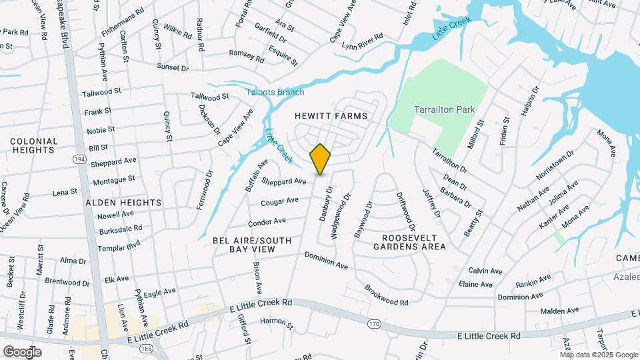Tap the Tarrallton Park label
tap(443, 109)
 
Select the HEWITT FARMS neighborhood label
tap(331, 116)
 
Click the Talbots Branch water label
tap(275, 92)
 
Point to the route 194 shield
tap(80, 160)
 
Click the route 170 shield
tap(374, 323)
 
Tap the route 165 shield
tap(146, 348)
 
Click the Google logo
tap(22, 351)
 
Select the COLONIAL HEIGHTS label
tap(33, 145)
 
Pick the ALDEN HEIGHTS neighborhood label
tap(123, 202)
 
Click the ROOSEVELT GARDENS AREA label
tap(413, 242)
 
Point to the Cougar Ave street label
tap(279, 201)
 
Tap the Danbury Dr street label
tap(327, 202)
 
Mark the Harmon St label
tap(277, 325)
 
